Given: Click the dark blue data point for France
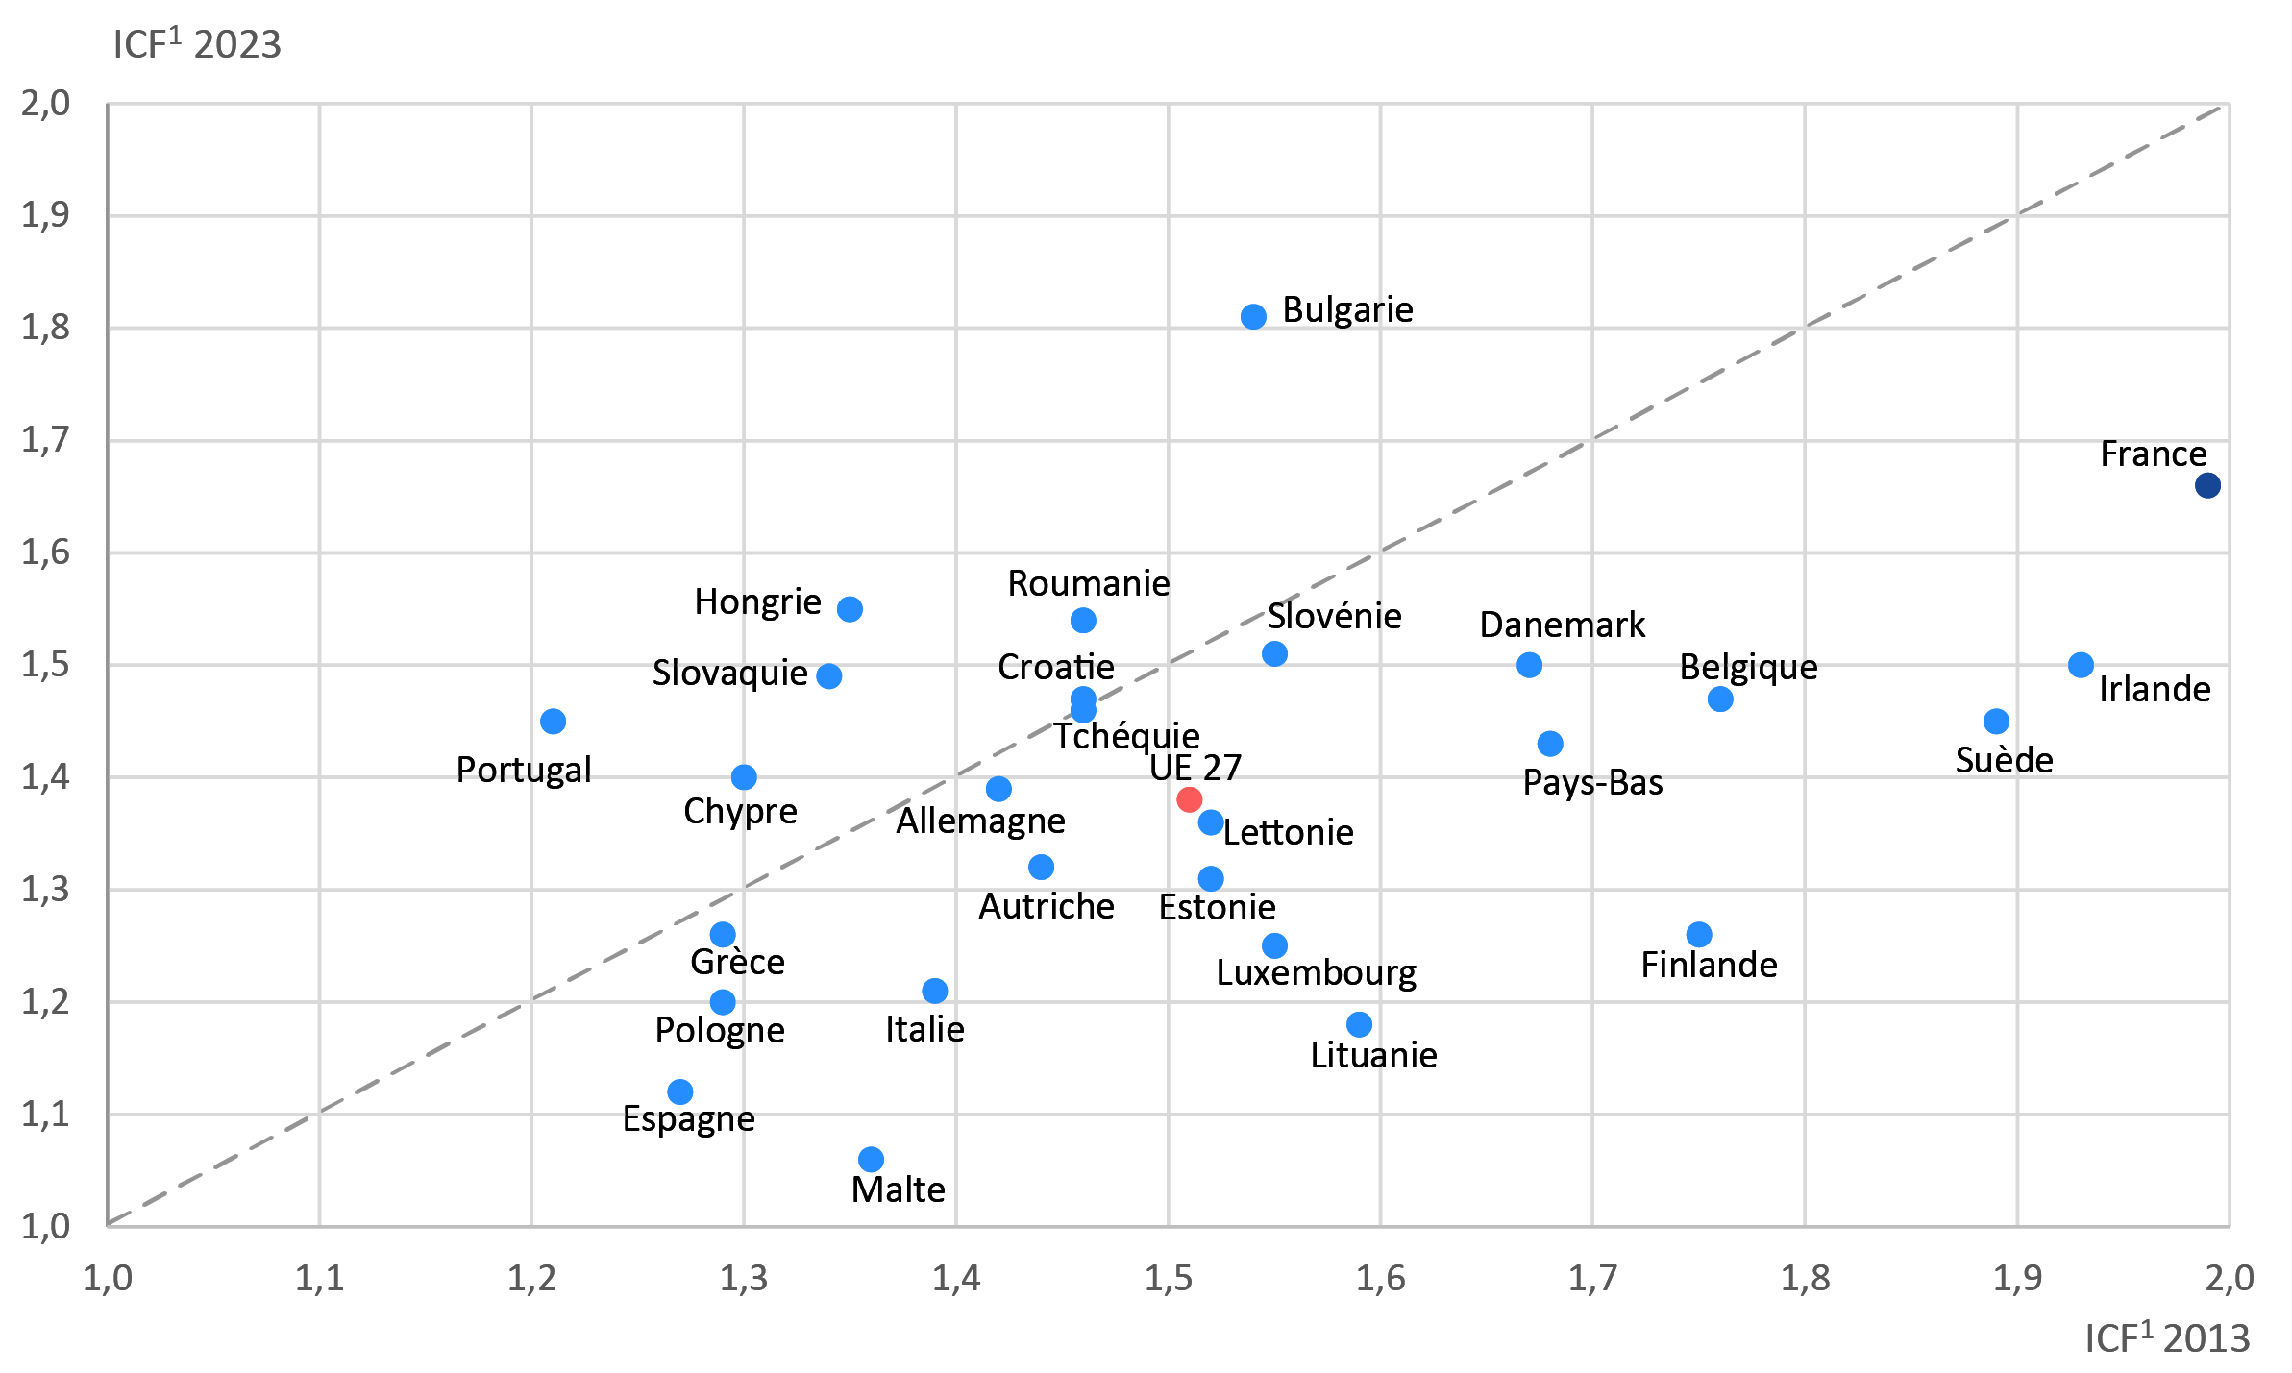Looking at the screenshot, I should tap(2207, 485).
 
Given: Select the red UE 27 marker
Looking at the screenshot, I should tap(1189, 798).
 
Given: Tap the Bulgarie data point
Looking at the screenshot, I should tap(1253, 316).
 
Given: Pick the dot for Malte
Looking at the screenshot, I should tap(871, 1159).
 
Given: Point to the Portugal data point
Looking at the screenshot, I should tap(553, 721).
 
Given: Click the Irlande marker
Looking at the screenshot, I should tap(2081, 665).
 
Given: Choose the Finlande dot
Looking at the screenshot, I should tap(1698, 934).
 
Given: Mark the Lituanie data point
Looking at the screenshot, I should tap(1359, 1024).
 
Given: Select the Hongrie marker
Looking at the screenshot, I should tap(850, 609).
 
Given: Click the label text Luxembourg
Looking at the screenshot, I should tap(1316, 972).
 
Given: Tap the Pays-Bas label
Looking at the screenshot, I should tap(1592, 782).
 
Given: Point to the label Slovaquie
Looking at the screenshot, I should tap(729, 673).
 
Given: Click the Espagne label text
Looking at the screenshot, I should tap(688, 1118).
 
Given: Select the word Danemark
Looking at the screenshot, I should tap(1562, 625).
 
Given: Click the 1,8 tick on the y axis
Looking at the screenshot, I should tap(45, 328).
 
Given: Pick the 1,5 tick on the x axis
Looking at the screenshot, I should tap(1168, 1278).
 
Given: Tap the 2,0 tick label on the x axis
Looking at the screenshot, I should tap(2229, 1278).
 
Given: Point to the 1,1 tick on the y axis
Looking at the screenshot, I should tap(45, 1115).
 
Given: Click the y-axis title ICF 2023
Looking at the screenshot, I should tap(197, 44).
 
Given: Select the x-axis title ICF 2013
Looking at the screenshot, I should tap(2167, 1337).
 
